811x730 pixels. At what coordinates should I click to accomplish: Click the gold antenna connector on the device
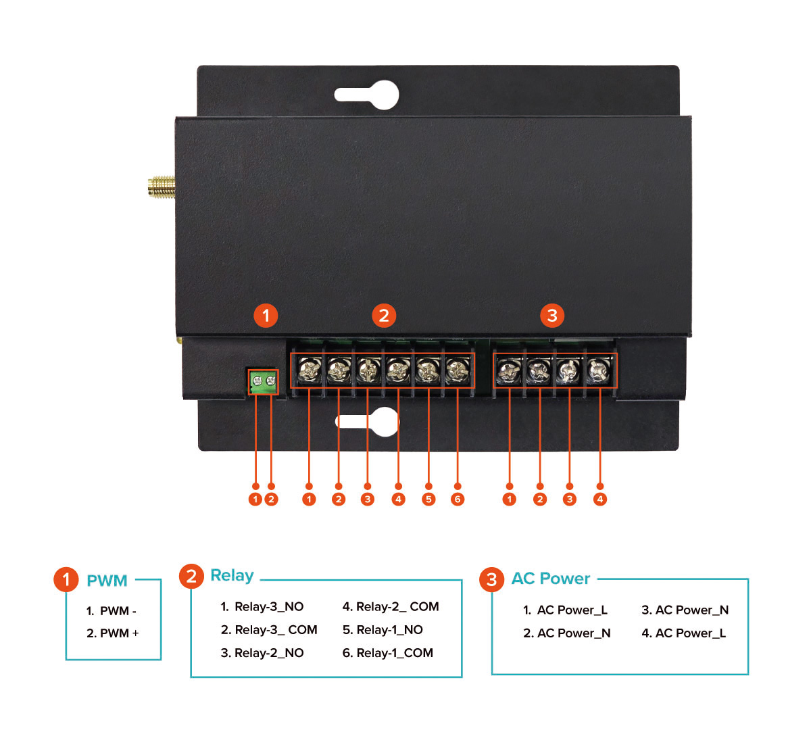(161, 188)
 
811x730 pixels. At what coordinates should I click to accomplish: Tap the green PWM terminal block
(264, 382)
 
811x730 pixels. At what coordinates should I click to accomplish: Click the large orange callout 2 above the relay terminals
(384, 315)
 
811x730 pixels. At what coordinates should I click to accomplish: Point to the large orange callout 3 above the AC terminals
(552, 315)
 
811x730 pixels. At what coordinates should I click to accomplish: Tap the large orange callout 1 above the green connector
(266, 315)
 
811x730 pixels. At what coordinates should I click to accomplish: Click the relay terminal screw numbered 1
(309, 370)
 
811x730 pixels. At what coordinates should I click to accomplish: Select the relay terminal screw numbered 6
(458, 370)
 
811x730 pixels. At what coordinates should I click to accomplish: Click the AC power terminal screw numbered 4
(599, 370)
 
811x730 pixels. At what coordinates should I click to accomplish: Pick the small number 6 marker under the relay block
(458, 500)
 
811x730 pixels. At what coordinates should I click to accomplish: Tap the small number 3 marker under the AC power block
(570, 500)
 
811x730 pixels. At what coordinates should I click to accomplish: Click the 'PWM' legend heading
(107, 581)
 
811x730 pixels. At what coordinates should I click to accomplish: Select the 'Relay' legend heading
(232, 575)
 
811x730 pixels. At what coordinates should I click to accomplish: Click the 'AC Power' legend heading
(551, 579)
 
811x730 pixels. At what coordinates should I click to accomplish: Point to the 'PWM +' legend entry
(113, 633)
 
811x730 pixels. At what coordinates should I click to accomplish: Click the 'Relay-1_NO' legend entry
(383, 630)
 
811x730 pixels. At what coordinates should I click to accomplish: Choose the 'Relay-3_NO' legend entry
(262, 607)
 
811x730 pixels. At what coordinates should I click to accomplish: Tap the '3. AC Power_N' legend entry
(685, 610)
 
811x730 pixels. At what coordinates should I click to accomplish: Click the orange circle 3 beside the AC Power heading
(491, 579)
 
